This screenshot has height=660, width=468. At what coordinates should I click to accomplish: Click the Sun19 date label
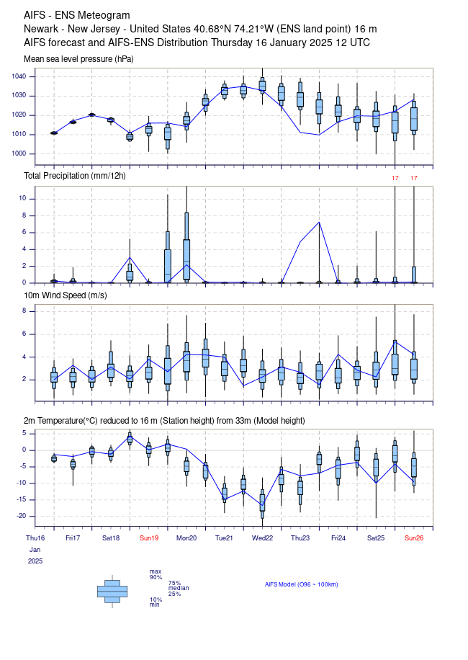pos(149,538)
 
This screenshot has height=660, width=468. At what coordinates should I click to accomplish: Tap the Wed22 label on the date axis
pos(262,538)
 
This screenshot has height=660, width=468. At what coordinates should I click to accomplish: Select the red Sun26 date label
pos(414,538)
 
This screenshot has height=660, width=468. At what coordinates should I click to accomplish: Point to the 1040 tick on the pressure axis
pos(19,76)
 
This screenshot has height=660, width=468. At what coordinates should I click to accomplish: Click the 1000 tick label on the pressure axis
pos(19,153)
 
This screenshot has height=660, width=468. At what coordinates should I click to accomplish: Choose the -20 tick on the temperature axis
pos(21,516)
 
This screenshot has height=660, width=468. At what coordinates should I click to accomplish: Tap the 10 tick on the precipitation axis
pos(22,198)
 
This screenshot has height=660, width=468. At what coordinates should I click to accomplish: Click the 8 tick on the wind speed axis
pos(24,311)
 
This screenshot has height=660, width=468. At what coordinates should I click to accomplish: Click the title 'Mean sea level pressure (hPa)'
pos(78,59)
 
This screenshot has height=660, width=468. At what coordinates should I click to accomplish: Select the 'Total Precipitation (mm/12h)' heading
pos(74,176)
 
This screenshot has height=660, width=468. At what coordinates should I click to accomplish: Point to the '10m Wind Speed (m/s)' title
pos(66,295)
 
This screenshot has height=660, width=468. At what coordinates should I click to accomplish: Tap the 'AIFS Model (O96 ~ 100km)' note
pos(302,584)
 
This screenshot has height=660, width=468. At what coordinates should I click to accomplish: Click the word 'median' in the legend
pos(179,588)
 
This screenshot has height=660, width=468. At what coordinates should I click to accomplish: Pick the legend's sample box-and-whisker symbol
pos(112,592)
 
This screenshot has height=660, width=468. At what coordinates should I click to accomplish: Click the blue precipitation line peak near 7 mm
pos(319,222)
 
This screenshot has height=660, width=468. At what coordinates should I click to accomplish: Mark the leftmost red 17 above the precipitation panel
pos(395,178)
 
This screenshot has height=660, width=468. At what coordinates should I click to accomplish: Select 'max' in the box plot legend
pos(156,571)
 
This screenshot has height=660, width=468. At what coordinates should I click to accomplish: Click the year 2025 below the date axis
pos(35,561)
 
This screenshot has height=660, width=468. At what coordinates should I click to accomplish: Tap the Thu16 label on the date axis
pos(35,538)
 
